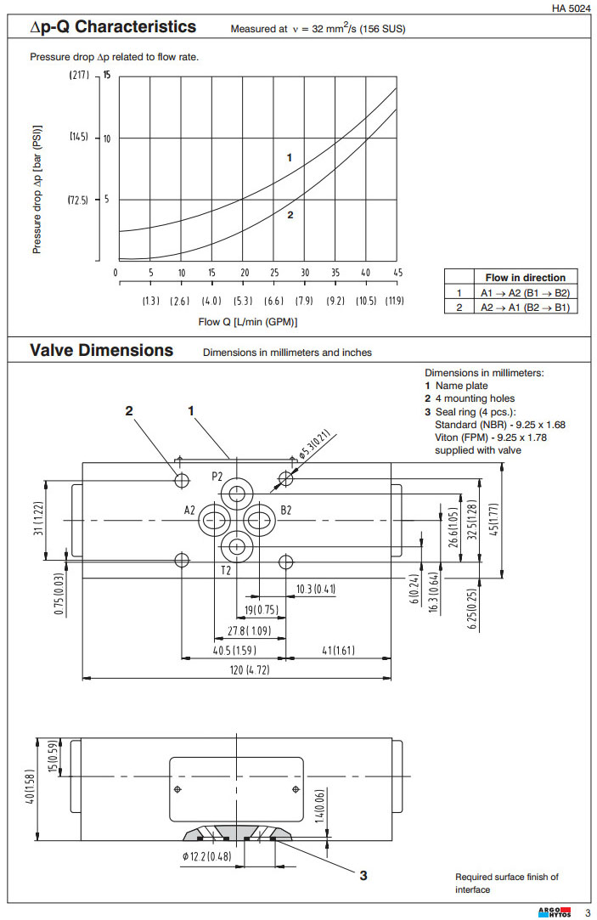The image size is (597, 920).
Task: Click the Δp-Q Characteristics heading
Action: (x=113, y=27)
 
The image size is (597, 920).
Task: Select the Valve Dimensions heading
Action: (x=101, y=351)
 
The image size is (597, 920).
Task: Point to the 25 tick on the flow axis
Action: (x=274, y=273)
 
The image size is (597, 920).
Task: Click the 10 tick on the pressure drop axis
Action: (x=107, y=138)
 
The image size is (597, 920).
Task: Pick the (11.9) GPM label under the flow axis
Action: (x=394, y=302)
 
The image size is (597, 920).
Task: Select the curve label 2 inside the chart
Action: (x=290, y=215)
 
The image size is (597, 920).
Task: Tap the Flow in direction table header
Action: (x=525, y=278)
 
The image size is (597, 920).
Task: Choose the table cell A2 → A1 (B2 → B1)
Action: (x=525, y=307)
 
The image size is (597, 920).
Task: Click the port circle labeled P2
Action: (x=237, y=494)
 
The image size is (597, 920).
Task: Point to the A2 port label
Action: (x=189, y=511)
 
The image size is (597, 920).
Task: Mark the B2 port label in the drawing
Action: (x=286, y=511)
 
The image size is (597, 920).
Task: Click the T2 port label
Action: (x=225, y=570)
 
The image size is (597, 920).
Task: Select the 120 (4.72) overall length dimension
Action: (x=238, y=671)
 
